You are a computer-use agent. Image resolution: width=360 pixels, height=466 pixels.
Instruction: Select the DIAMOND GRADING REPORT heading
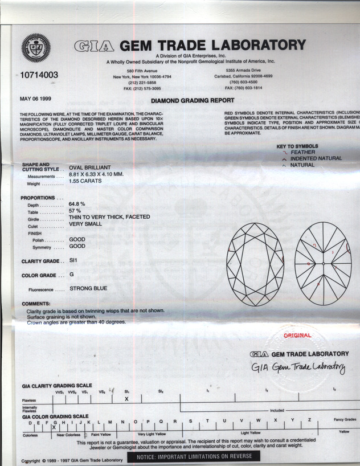click(185, 101)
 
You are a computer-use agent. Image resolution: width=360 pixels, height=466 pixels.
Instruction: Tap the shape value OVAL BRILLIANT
click(92, 168)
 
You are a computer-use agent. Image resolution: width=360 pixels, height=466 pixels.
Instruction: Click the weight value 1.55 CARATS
click(85, 181)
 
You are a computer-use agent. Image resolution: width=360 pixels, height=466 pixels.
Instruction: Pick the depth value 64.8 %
click(77, 203)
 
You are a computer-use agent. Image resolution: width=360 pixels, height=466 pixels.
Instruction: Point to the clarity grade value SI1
click(73, 260)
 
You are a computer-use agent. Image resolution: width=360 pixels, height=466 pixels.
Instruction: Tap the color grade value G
click(71, 275)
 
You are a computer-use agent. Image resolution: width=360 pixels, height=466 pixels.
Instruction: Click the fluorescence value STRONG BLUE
click(88, 288)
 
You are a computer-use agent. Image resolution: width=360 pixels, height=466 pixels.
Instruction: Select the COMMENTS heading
click(36, 304)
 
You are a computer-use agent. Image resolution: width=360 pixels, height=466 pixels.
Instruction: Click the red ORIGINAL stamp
click(297, 336)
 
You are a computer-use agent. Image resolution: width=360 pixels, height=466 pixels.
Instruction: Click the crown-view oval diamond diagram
click(255, 264)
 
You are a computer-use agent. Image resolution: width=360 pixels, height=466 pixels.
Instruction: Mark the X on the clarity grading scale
click(126, 399)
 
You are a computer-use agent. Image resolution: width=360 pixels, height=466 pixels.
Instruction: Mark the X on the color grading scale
click(54, 426)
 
